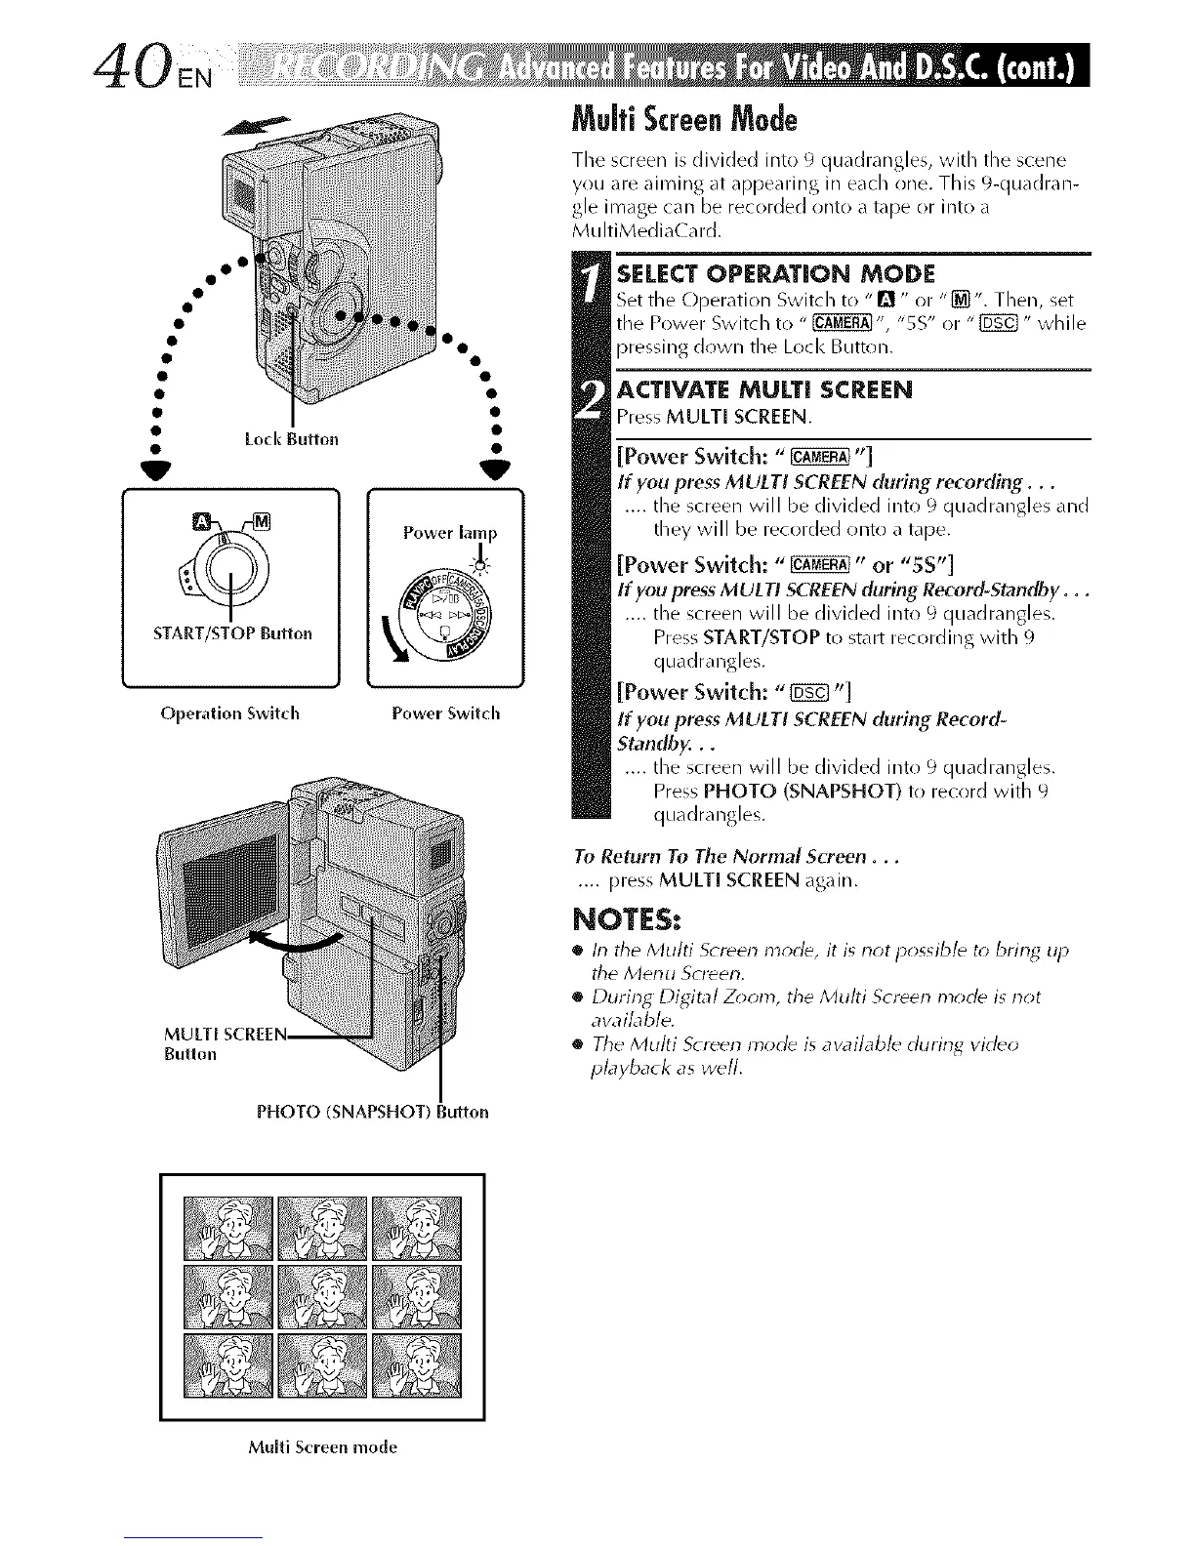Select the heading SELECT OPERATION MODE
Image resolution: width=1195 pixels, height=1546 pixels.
click(x=776, y=272)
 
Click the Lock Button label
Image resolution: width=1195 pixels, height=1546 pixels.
click(x=290, y=439)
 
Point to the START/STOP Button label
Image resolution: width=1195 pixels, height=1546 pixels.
click(x=232, y=633)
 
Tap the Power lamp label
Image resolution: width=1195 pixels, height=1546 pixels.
click(x=450, y=533)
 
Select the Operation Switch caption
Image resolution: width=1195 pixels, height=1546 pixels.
click(x=229, y=713)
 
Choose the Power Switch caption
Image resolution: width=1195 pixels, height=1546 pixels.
click(x=445, y=713)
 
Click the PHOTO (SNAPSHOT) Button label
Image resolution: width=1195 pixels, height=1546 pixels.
click(x=372, y=1112)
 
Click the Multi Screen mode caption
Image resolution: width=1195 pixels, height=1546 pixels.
click(x=322, y=1447)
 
